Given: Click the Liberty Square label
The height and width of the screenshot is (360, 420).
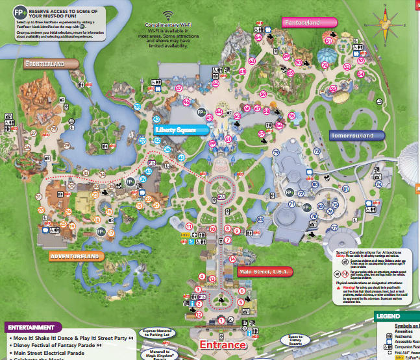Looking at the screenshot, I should click(177, 130).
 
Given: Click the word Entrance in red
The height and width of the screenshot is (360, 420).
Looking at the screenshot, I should click(222, 344).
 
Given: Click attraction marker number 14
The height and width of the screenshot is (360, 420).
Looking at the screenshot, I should click(232, 259).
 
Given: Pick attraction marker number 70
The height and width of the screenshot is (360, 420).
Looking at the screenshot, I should click(325, 65).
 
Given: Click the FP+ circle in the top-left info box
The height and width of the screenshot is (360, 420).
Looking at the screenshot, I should click(13, 13).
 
